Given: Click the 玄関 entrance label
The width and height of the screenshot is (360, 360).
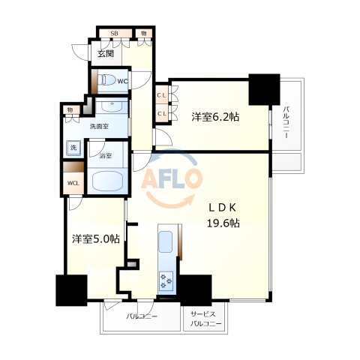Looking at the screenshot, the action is [x=106, y=53].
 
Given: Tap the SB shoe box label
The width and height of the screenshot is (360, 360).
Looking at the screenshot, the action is [x=114, y=33].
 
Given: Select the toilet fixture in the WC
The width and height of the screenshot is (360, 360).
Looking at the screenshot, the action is [x=106, y=80].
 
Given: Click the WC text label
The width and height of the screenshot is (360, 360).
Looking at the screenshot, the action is [x=123, y=81].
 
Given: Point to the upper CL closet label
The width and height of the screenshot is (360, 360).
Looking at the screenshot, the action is [x=161, y=95].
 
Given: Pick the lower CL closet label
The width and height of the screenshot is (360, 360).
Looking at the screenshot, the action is [x=161, y=114].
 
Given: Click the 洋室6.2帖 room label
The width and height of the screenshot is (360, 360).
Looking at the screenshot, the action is [x=215, y=117].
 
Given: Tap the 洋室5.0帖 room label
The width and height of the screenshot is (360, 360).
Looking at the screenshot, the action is [x=96, y=239].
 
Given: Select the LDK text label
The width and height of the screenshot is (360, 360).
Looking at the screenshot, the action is [x=223, y=208].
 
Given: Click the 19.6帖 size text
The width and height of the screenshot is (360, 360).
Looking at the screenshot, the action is [x=223, y=223].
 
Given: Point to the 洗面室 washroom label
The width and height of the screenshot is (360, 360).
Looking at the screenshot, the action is [x=99, y=126].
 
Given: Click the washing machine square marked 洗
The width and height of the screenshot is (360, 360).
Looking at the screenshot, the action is [x=73, y=148].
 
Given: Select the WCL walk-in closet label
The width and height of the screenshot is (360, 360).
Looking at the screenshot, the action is [x=73, y=183].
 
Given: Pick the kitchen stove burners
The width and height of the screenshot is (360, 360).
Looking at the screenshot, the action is [x=166, y=280].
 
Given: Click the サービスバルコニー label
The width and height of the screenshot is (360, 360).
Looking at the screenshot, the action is [x=206, y=319].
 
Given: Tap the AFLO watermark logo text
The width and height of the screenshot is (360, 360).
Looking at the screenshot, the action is [x=172, y=178].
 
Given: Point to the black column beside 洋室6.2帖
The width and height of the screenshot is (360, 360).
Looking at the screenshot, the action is [x=264, y=89].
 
